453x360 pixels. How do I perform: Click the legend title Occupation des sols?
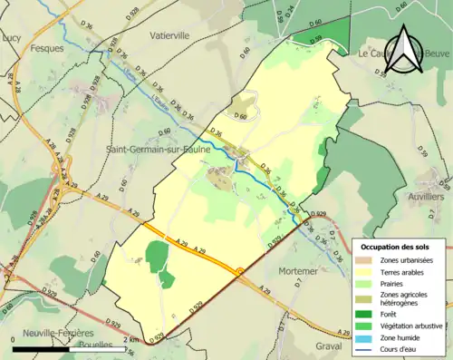tap(395, 248)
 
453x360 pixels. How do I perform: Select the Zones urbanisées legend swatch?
tap(365, 261)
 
